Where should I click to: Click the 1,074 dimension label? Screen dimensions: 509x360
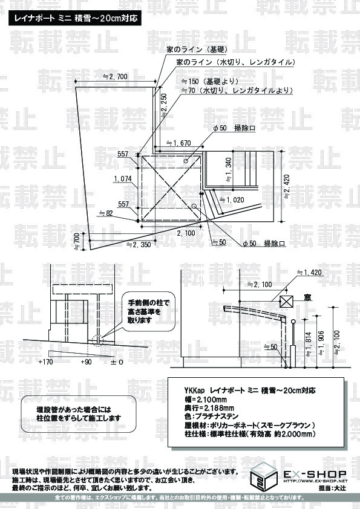[122, 179]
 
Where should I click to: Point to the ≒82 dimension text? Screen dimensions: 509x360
[105, 213]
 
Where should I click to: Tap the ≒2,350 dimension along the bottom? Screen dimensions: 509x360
[139, 245]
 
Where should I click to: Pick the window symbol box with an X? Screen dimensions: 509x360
[286, 300]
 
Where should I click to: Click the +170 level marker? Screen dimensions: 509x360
[45, 361]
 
